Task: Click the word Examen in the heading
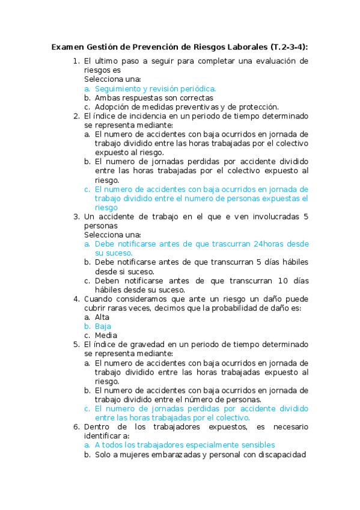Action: (x=67, y=46)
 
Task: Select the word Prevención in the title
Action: (x=156, y=46)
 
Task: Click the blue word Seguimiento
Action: (x=120, y=88)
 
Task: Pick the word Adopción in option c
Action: (x=112, y=106)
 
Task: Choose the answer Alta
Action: (x=102, y=317)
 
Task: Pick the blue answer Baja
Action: (x=103, y=326)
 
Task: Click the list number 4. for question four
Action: (x=76, y=299)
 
